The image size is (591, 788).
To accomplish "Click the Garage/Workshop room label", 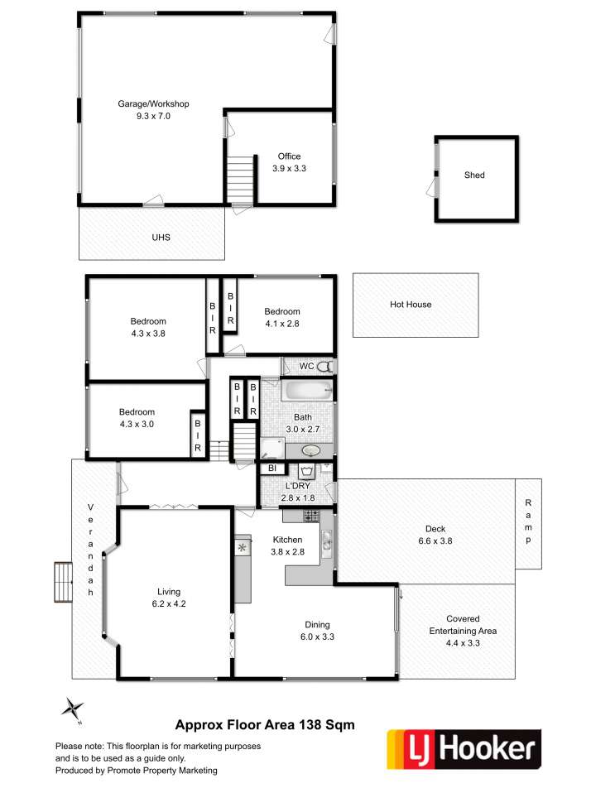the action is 153,104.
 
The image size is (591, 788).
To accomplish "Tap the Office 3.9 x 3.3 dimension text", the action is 289,168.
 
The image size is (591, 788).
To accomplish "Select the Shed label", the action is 474,175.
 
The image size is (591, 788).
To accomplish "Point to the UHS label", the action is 161,238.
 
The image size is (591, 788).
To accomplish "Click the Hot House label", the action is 411,304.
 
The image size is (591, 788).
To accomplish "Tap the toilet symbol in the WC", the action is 325,367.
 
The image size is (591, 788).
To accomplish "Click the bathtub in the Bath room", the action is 307,390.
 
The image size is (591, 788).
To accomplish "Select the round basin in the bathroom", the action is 311,450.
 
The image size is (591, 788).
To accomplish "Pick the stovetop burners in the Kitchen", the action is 311,515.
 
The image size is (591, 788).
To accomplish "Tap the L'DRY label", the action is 297,486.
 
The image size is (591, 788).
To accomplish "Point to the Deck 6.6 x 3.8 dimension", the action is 435,541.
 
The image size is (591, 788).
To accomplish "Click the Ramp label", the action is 528,521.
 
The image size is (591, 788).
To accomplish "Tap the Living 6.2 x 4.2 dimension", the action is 169,603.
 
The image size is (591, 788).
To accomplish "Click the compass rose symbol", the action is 73,709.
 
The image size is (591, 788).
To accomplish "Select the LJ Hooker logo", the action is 464,749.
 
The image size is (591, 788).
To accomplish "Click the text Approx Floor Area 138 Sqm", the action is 265,725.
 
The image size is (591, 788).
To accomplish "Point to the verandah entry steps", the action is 63,582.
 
